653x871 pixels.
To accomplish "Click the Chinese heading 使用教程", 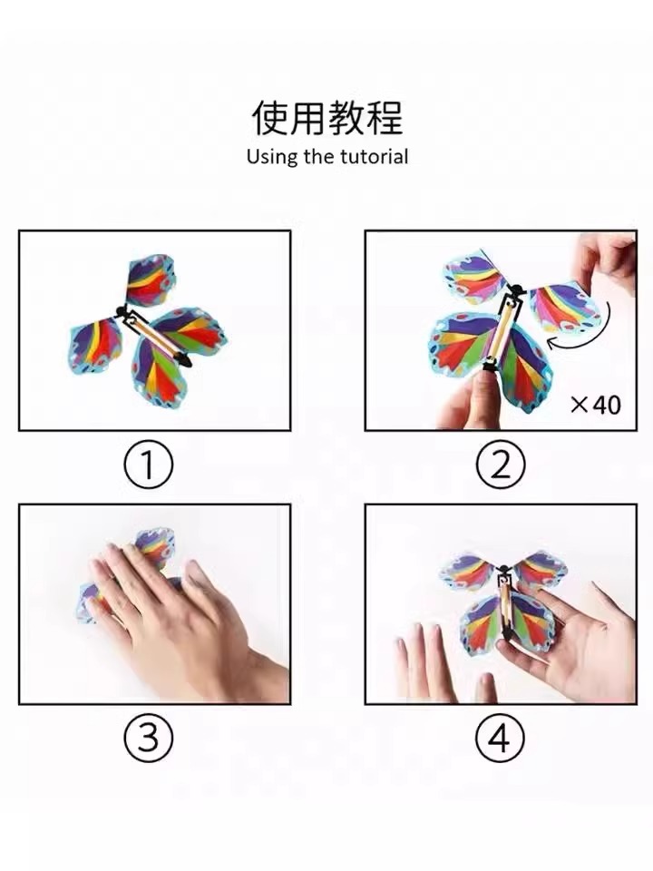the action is (327, 117).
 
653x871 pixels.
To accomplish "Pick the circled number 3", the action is (148, 739).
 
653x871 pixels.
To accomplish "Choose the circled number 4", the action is (501, 739).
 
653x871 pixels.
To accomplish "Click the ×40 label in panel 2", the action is (595, 405).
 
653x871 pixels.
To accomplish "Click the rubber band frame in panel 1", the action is (152, 336).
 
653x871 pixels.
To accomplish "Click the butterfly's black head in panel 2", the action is (516, 290).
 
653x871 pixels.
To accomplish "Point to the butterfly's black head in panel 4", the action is (504, 570).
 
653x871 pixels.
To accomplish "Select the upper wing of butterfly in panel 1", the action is (149, 280).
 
